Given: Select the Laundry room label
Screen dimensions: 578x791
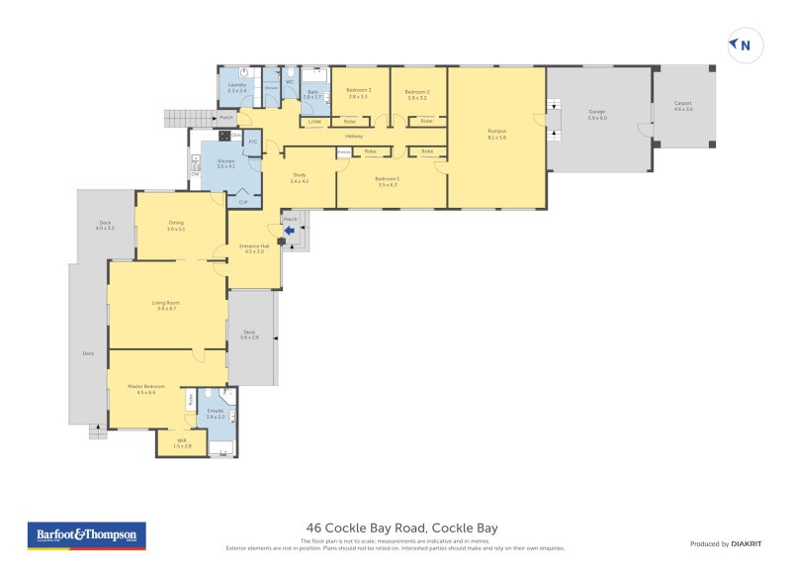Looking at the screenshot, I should point(236,88).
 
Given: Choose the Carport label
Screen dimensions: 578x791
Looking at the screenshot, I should point(683,105).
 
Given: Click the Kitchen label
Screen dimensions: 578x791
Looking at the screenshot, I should point(226,163).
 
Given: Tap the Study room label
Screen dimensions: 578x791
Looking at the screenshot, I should point(299,179).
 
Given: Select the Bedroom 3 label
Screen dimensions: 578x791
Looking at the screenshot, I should point(358,94).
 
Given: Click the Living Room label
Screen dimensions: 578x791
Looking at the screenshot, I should point(165,306).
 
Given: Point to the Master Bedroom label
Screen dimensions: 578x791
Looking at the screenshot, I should point(145,388).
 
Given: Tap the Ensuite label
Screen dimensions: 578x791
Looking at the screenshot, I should point(216,414).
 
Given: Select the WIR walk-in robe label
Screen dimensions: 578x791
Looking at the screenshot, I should point(181,443).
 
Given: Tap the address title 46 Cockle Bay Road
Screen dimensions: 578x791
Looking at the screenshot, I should point(395,529).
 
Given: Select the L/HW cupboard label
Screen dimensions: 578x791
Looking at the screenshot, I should point(314,122).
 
